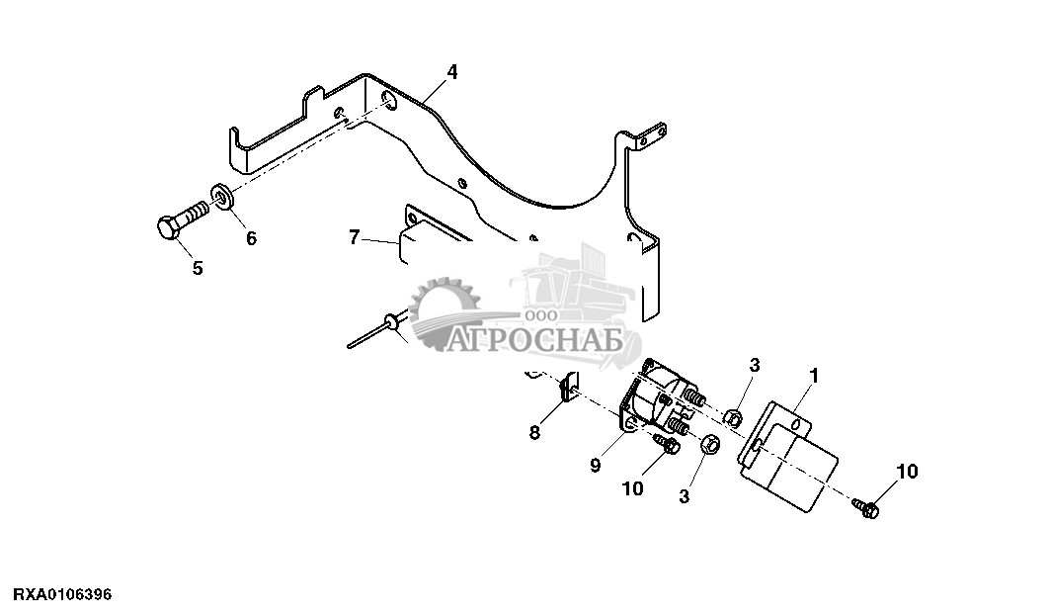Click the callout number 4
pyautogui.click(x=451, y=72)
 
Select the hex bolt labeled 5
pyautogui.click(x=182, y=219)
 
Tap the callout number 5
pyautogui.click(x=197, y=268)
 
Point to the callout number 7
pyautogui.click(x=354, y=237)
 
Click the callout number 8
pyautogui.click(x=534, y=431)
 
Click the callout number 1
pyautogui.click(x=814, y=375)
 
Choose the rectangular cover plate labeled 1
pyautogui.click(x=790, y=456)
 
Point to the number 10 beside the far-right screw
pyautogui.click(x=907, y=472)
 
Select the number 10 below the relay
pyautogui.click(x=631, y=488)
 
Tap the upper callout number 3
pyautogui.click(x=754, y=366)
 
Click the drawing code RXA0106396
pyautogui.click(x=62, y=594)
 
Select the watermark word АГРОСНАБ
pyautogui.click(x=534, y=341)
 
